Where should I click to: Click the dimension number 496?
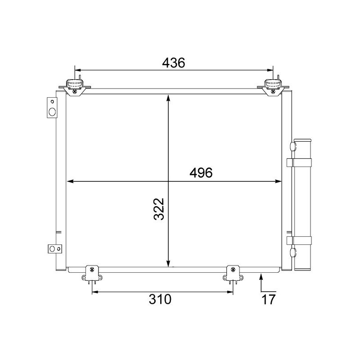pos(200,173)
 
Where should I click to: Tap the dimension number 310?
pos(160,299)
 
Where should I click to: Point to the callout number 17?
pos(268,299)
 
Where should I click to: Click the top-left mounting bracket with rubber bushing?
pos(74,86)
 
